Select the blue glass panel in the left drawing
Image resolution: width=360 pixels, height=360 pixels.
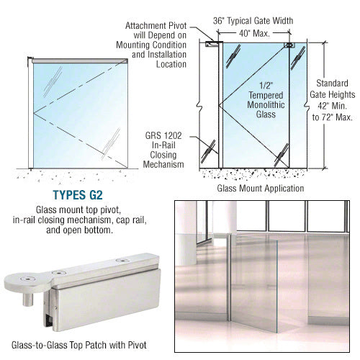pyautogui.click(x=79, y=108)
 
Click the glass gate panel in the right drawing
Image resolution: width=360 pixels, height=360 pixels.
pyautogui.click(x=256, y=130)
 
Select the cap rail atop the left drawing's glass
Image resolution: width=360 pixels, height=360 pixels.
pyautogui.click(x=79, y=60)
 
